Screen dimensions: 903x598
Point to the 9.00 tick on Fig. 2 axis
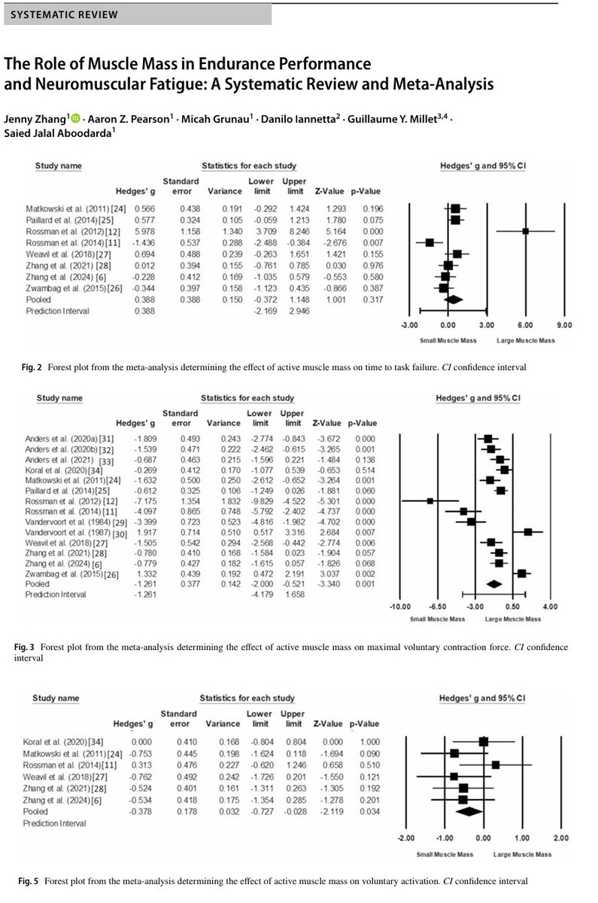coord(564,325)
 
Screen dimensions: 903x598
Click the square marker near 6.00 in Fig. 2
coord(526,231)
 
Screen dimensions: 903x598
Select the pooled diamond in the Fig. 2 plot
coord(453,299)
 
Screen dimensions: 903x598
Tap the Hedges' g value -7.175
coord(144,499)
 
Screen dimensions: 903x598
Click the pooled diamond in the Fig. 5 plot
coord(468,811)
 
